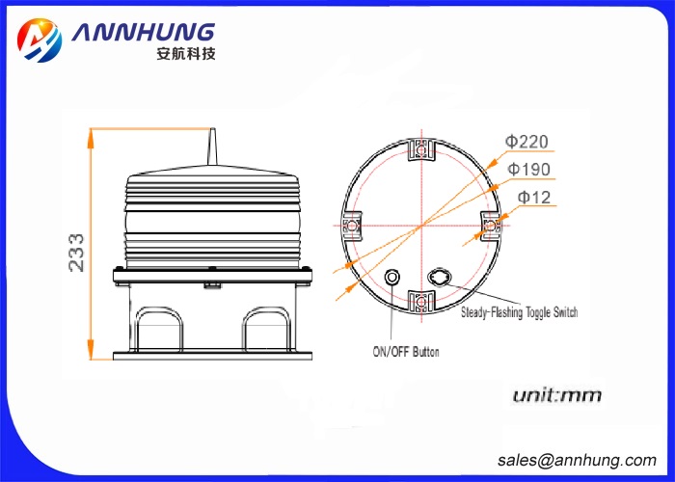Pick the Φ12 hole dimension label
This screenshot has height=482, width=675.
(x=532, y=198)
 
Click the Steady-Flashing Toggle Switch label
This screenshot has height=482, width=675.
(x=520, y=312)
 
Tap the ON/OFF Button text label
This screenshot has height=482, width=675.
(x=405, y=352)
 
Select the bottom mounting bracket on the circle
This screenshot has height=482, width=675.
(x=421, y=302)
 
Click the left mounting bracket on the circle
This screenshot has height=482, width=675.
(x=351, y=226)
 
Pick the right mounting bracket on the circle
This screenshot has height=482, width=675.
(x=492, y=226)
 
